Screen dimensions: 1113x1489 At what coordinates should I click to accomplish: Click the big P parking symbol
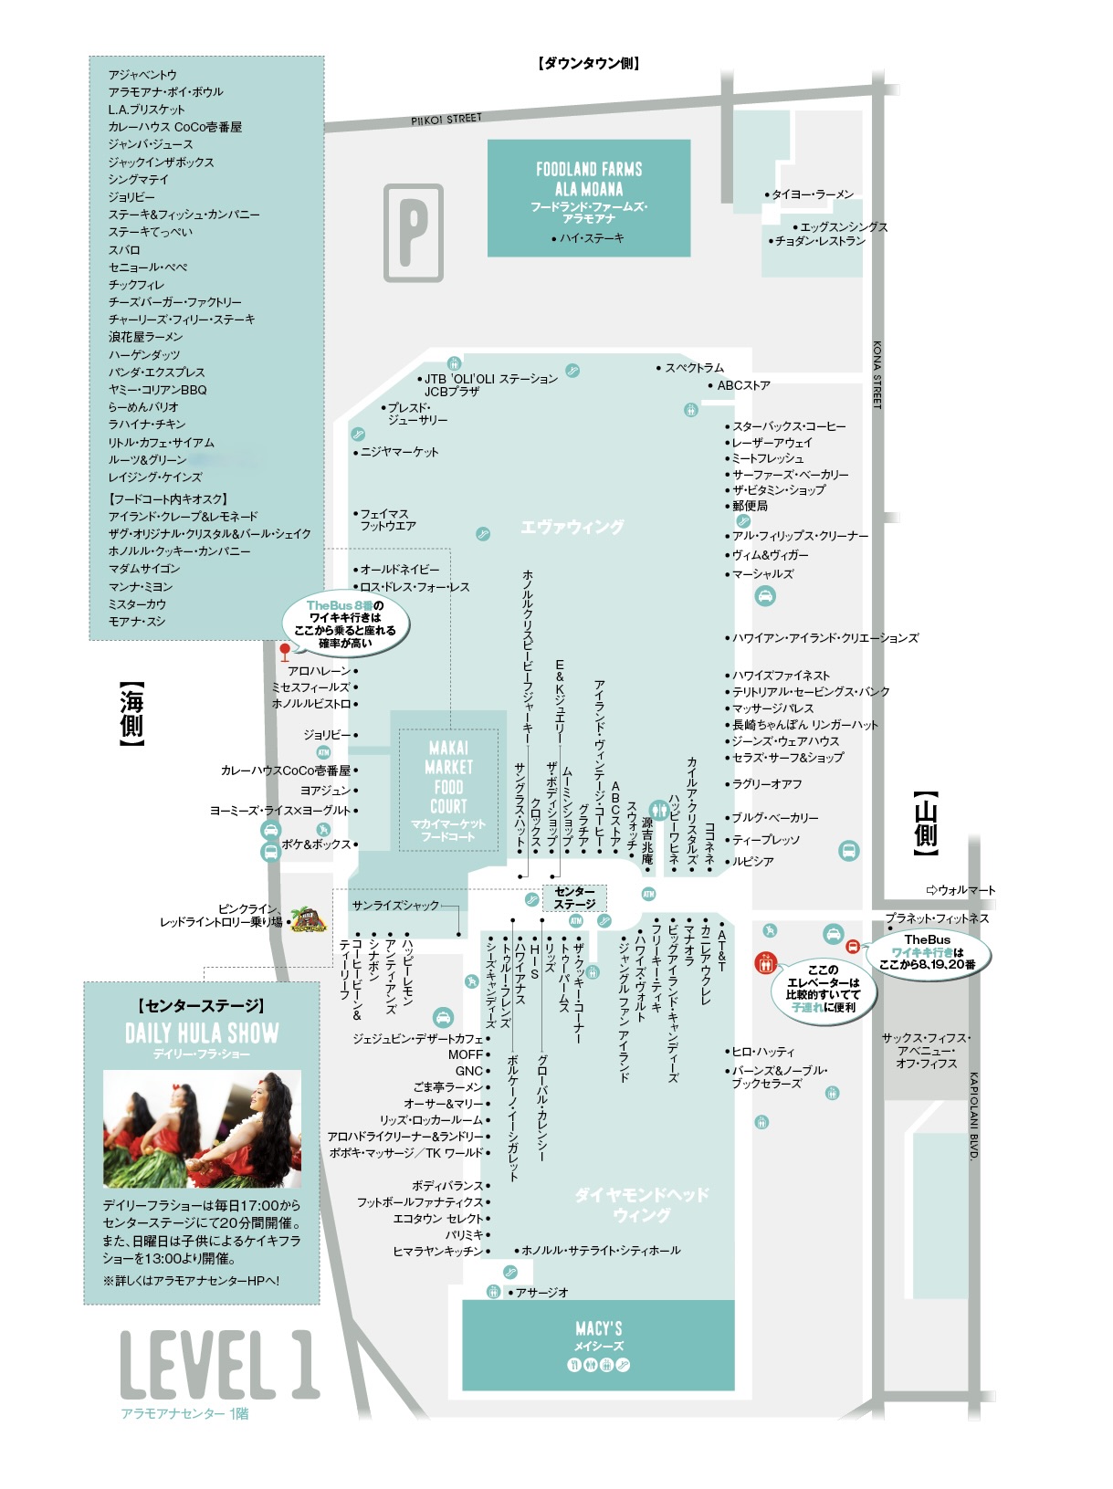[x=413, y=233]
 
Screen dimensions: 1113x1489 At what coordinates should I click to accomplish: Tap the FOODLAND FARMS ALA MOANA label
[x=589, y=179]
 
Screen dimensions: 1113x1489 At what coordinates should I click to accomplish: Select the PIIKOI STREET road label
[x=446, y=119]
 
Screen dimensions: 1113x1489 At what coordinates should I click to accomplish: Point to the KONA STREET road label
[x=877, y=374]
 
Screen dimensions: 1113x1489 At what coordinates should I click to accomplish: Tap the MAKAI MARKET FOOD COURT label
[x=448, y=777]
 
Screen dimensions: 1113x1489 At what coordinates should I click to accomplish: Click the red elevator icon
[x=765, y=962]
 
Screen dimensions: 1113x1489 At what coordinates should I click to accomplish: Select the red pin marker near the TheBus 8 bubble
[x=285, y=651]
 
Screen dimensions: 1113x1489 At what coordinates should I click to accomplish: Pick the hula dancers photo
[x=202, y=1129]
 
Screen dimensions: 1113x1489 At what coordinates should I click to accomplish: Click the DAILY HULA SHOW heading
[x=202, y=1033]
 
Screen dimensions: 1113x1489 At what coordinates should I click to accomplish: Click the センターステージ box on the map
[x=574, y=898]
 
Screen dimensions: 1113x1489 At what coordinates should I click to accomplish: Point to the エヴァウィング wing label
[x=572, y=527]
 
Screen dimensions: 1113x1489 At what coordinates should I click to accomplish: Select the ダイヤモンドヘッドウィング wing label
[x=642, y=1203]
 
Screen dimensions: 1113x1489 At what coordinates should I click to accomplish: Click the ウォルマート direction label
[x=961, y=890]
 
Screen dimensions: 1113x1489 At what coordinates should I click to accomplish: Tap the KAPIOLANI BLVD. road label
[x=973, y=1116]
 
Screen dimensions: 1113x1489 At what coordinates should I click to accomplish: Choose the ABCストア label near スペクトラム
[x=743, y=385]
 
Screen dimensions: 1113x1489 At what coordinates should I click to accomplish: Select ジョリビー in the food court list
[x=131, y=196]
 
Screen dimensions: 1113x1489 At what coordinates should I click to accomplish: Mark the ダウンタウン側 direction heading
[x=589, y=63]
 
